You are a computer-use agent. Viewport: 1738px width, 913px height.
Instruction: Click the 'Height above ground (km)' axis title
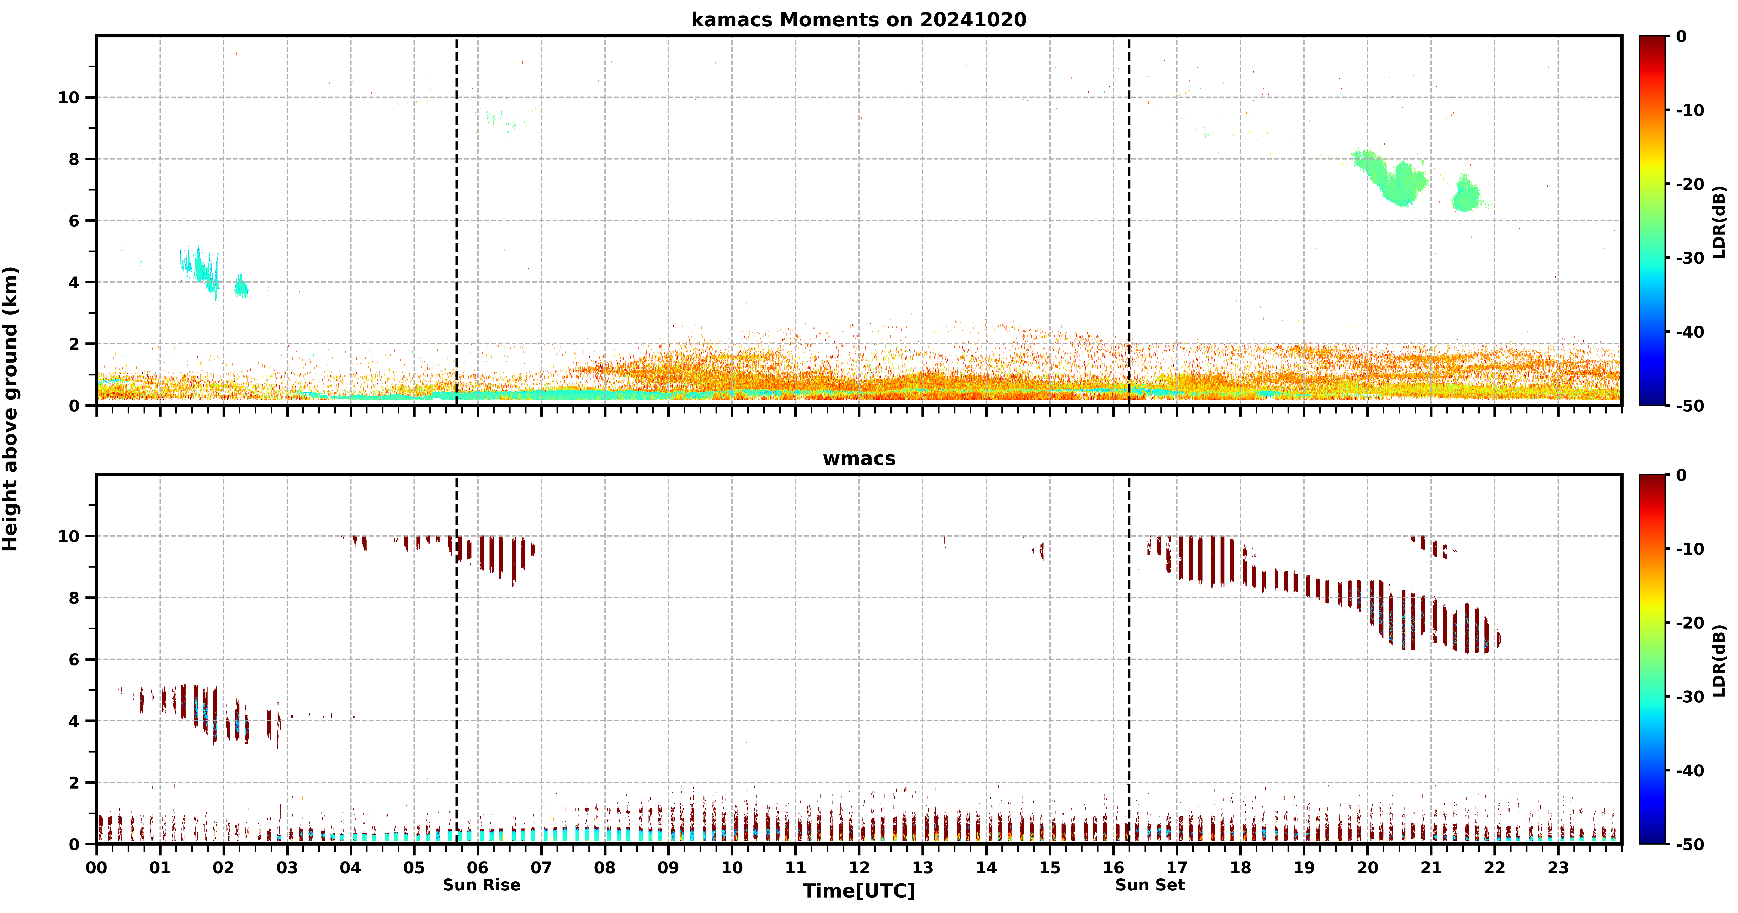point(11,409)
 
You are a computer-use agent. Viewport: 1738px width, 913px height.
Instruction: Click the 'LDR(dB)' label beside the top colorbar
point(1719,221)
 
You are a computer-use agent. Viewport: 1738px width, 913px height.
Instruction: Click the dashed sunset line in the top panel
point(1129,221)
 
